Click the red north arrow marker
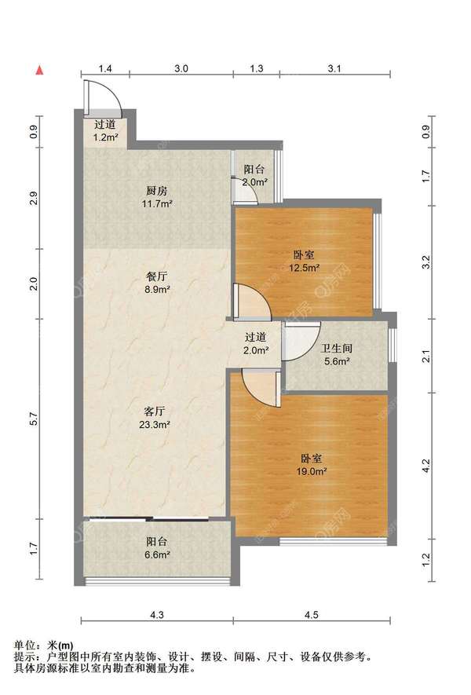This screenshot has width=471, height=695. click(40, 70)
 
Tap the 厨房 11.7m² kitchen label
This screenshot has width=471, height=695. click(157, 197)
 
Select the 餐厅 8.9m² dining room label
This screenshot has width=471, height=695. click(157, 283)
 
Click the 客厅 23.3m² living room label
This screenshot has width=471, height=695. click(155, 418)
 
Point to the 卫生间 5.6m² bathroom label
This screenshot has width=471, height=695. click(337, 354)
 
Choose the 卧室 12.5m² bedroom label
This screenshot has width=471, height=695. click(305, 261)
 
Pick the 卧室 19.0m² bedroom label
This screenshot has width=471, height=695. click(312, 465)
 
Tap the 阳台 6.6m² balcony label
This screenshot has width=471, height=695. click(157, 548)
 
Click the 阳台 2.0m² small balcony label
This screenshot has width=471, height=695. click(255, 176)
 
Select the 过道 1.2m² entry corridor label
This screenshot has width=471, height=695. click(105, 131)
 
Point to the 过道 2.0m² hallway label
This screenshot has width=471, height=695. click(256, 343)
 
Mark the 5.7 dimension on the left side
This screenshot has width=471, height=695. click(35, 419)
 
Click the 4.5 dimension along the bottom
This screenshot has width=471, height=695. click(312, 615)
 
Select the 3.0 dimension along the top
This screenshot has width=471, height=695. click(181, 68)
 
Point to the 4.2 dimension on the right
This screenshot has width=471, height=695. click(426, 466)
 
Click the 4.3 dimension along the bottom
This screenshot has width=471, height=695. click(157, 615)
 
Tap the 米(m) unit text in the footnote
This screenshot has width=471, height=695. click(61, 646)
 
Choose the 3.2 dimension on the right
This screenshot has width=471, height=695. click(426, 262)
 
